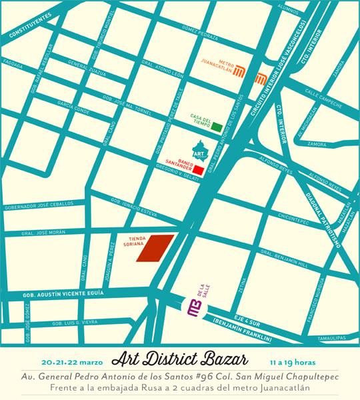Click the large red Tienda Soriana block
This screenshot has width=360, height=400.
155,249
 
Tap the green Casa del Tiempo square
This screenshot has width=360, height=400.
217,126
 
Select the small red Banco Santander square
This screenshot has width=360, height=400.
198,170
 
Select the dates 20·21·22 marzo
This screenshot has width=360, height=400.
71,362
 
